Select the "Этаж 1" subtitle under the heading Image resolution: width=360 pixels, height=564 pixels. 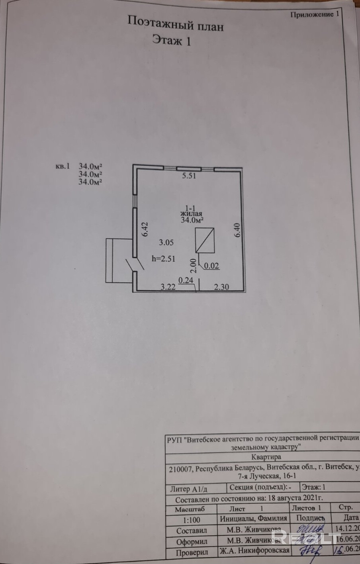172,40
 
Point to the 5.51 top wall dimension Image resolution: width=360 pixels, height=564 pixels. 189,176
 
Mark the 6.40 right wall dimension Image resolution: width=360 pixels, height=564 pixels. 237,230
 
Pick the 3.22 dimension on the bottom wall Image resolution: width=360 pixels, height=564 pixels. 168,286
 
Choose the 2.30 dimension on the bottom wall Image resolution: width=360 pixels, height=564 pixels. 221,286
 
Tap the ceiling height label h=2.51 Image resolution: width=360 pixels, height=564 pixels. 164,258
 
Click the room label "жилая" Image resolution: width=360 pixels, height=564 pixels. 189,213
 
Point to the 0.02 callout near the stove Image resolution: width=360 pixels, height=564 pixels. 211,266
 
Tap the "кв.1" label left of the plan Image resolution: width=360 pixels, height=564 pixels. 63,166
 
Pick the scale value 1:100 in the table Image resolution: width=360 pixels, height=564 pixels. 192,519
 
